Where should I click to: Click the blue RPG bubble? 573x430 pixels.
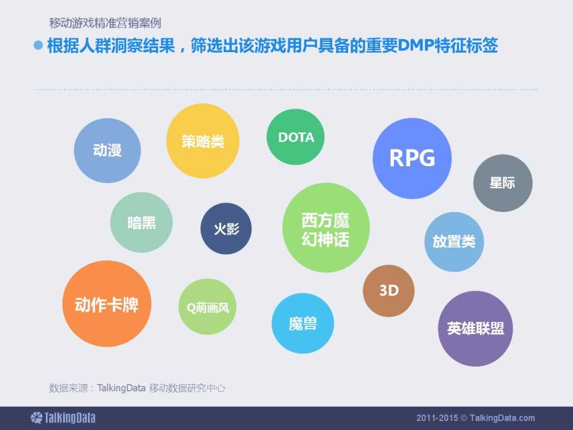412,158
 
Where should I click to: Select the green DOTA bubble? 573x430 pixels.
296,137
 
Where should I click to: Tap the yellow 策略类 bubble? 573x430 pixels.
203,141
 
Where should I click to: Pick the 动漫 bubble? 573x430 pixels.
107,150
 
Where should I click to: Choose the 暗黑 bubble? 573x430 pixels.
142,222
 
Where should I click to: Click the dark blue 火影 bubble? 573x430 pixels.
226,228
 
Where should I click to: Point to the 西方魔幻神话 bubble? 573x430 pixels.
326,230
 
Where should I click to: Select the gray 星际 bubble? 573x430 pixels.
502,183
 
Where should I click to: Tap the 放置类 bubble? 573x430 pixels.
454,241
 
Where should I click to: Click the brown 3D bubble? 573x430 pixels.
389,291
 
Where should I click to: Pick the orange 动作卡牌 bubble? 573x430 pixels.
106,304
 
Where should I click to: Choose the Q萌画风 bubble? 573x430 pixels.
208,307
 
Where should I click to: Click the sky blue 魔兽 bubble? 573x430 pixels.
303,323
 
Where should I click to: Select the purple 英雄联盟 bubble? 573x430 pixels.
475,329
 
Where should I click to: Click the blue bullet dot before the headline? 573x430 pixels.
38,46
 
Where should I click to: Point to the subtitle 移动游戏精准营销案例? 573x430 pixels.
105,24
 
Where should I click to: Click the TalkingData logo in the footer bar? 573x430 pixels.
63,418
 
